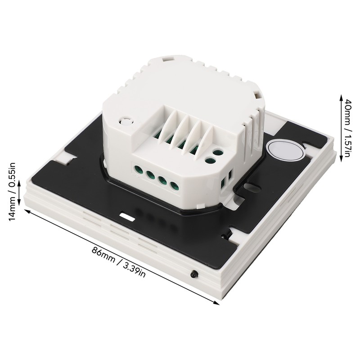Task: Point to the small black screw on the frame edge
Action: coord(194,274)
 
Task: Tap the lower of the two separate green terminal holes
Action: coord(208,160)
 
